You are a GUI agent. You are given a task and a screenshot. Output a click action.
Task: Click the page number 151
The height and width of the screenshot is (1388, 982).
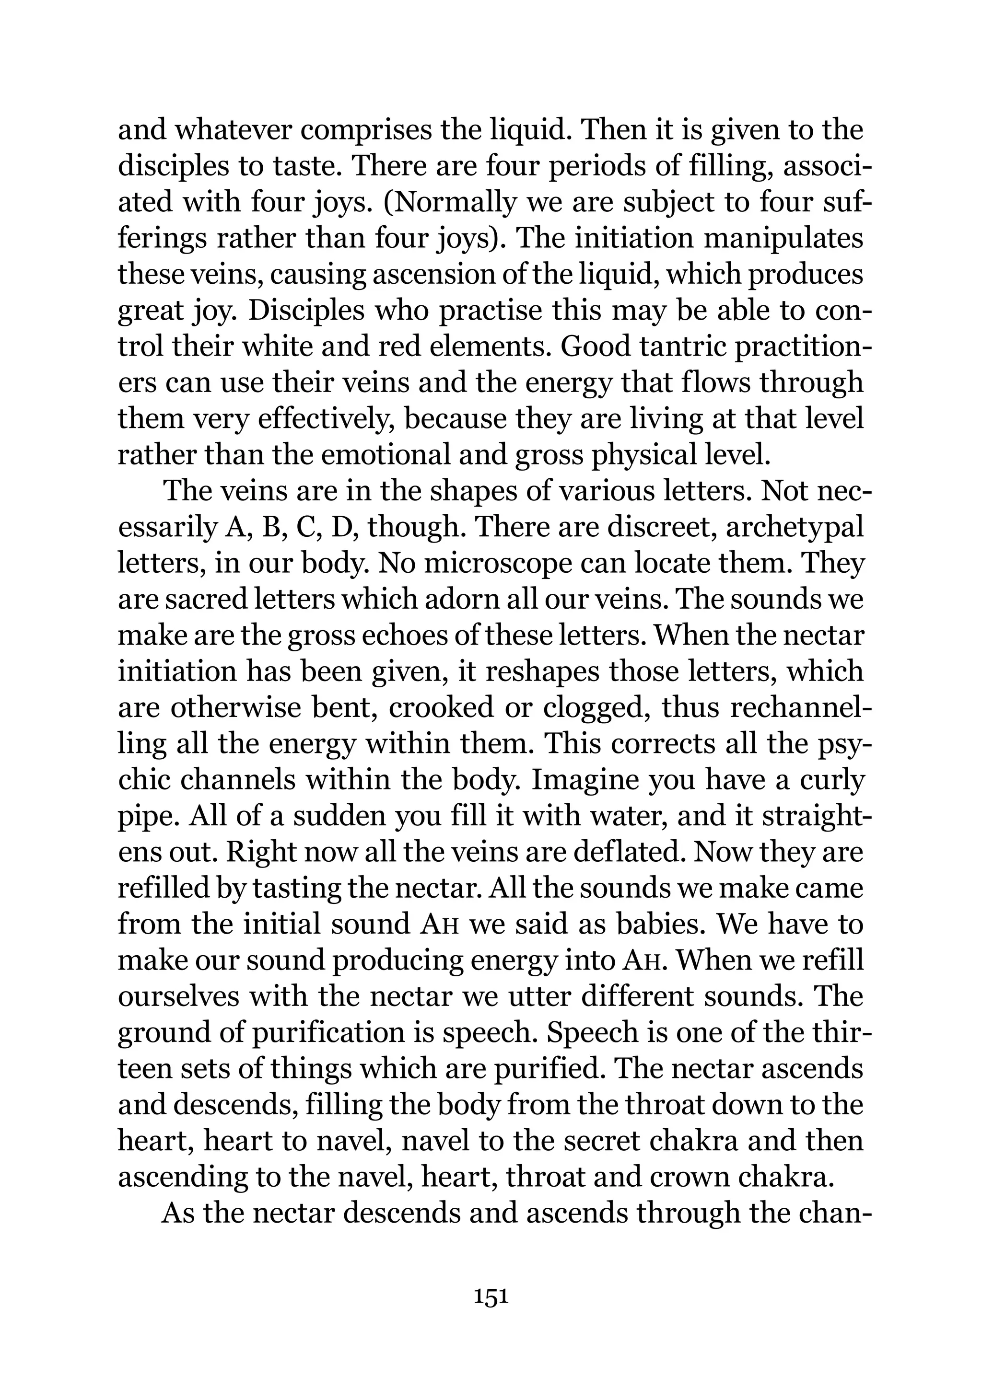coord(491,1297)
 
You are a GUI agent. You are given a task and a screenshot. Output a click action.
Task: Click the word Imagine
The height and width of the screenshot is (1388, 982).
coord(584,780)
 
